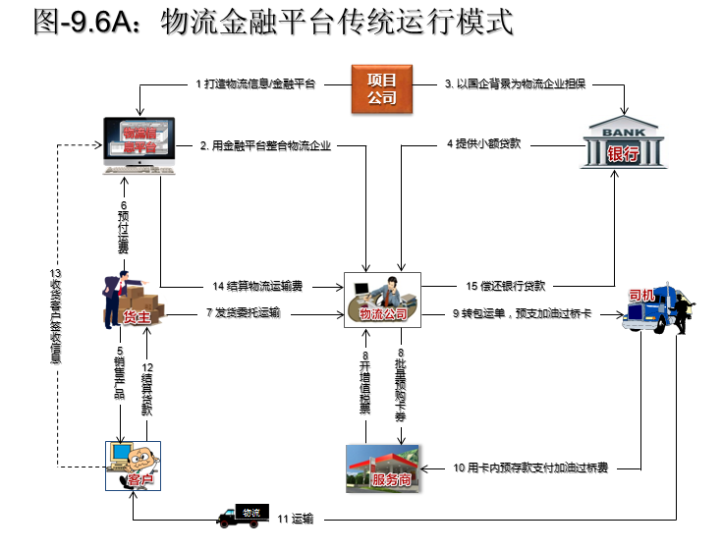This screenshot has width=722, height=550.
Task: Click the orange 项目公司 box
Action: [x=382, y=87]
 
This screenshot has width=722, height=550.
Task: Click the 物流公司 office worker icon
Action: [x=383, y=298]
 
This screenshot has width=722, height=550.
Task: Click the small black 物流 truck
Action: [x=242, y=516]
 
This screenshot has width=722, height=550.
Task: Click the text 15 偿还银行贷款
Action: [x=512, y=286]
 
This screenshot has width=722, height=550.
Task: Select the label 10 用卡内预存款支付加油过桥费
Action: [x=530, y=467]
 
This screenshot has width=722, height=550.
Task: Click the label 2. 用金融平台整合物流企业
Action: [x=265, y=146]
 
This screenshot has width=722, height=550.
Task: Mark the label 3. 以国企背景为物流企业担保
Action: [x=515, y=84]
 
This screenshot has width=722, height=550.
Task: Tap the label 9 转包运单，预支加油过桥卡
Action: [x=522, y=314]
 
